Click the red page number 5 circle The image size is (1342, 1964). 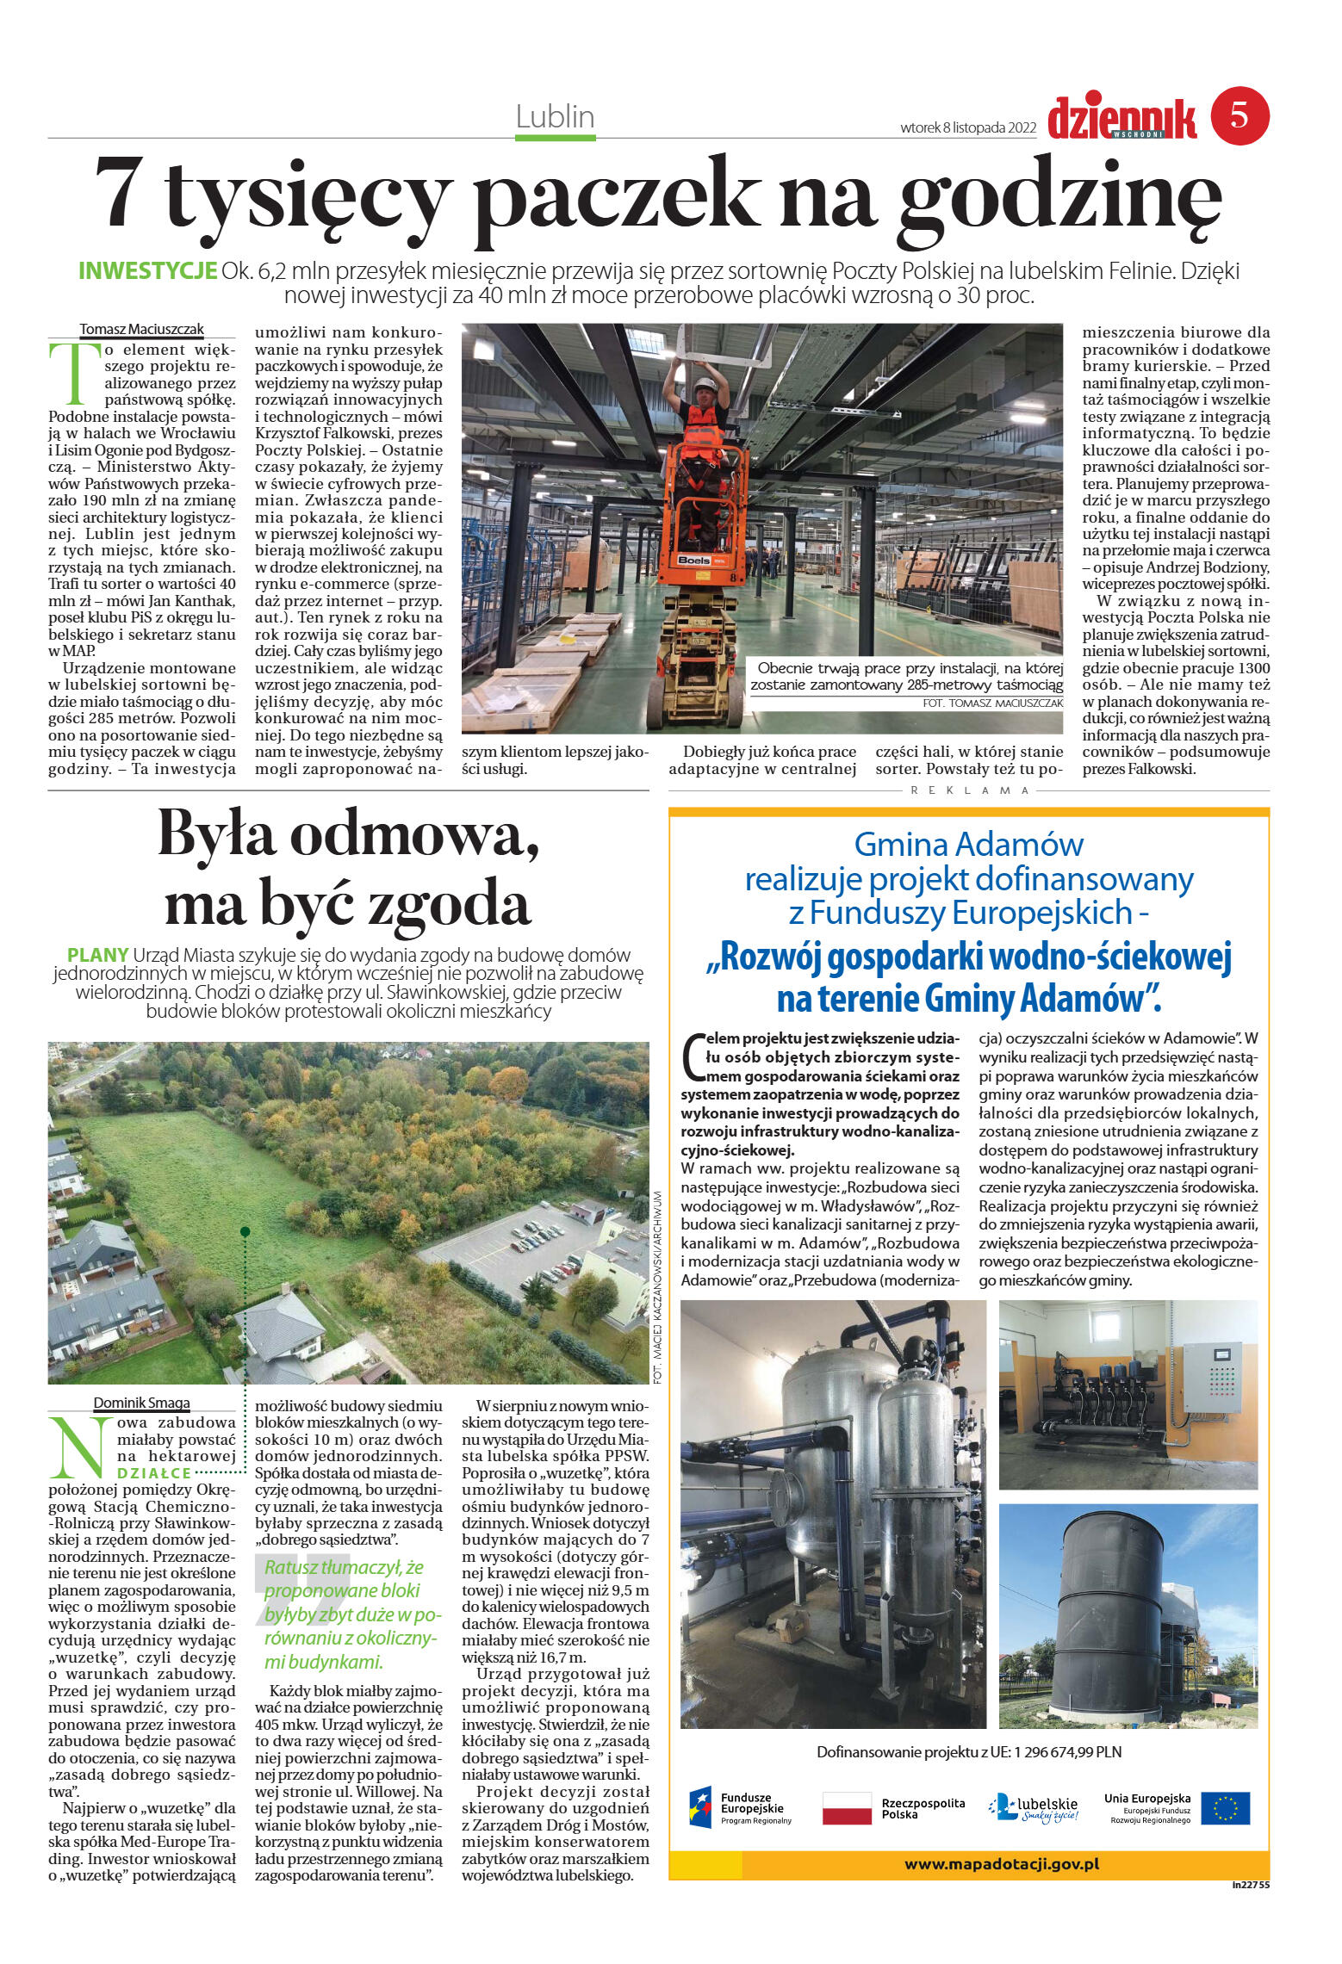click(1239, 115)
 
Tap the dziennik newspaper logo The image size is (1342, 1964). click(1123, 118)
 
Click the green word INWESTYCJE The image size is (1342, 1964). click(146, 270)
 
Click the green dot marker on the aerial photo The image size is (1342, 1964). click(245, 1232)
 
